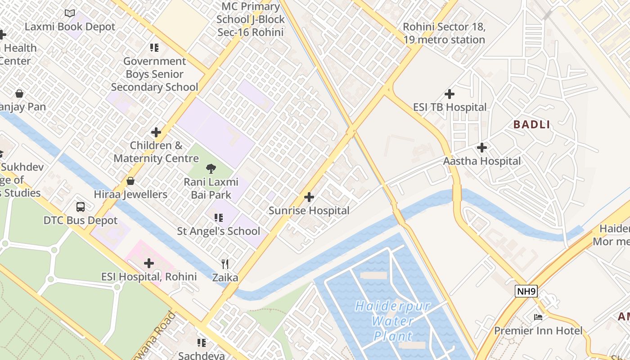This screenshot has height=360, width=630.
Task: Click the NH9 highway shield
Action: coord(526,291)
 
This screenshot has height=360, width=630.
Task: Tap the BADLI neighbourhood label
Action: coord(532,125)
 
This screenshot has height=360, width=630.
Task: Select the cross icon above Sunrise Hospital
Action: coord(309,197)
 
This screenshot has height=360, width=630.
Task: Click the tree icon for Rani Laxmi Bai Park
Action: coord(211,169)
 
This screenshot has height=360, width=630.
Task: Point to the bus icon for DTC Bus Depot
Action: coord(81,207)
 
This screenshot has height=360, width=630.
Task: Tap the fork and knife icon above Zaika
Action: coord(225,264)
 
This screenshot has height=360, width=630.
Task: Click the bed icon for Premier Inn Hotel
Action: coord(538,317)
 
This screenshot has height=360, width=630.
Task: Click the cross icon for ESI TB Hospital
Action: coord(449,94)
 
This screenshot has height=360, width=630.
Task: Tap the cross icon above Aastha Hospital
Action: coord(482,148)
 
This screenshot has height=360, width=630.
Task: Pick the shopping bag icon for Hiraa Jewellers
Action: coord(130,181)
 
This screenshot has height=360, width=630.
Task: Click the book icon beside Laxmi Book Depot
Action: coord(70,13)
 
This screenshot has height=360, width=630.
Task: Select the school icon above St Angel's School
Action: coord(219,218)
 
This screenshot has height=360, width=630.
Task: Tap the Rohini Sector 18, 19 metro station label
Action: coord(444,33)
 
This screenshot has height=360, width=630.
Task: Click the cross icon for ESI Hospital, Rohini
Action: coord(149,263)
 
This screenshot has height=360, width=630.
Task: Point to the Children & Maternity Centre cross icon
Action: coord(156,132)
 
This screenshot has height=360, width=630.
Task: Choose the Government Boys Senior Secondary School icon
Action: coord(154,48)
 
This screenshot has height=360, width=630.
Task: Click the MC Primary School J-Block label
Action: coord(251,19)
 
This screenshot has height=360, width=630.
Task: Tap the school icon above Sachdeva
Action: coord(202,343)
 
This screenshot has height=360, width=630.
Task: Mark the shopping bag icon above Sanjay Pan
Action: coord(19,94)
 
